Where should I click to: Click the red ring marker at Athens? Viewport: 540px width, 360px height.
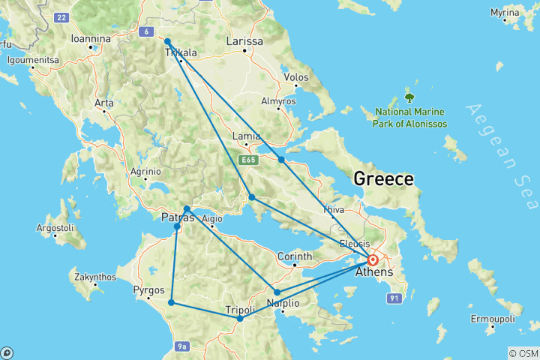373,259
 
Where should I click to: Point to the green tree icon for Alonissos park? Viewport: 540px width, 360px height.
409,97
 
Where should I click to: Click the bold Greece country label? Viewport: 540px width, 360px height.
383,179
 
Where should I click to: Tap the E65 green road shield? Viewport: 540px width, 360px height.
248,160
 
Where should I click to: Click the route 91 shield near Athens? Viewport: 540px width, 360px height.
391,298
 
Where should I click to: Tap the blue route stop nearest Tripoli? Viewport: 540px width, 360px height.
240,319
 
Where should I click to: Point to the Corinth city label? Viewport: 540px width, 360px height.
295,256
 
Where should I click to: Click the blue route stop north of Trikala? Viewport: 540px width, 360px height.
167,41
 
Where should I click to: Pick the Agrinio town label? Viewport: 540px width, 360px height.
145,171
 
